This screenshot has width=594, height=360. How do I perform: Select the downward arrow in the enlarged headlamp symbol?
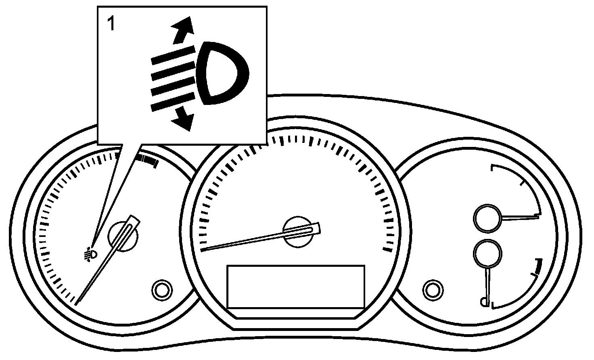click(x=182, y=118)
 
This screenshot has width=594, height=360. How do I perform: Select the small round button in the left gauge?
click(x=161, y=289)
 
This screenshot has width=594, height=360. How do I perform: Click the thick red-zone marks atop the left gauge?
click(x=147, y=160)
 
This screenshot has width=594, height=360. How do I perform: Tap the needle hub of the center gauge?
click(x=299, y=232)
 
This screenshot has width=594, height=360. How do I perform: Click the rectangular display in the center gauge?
click(x=296, y=287)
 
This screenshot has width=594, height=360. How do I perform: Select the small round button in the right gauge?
click(x=432, y=289)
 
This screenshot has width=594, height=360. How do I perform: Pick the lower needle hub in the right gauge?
click(x=487, y=253)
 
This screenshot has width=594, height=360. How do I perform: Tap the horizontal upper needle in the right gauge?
click(x=521, y=218)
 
